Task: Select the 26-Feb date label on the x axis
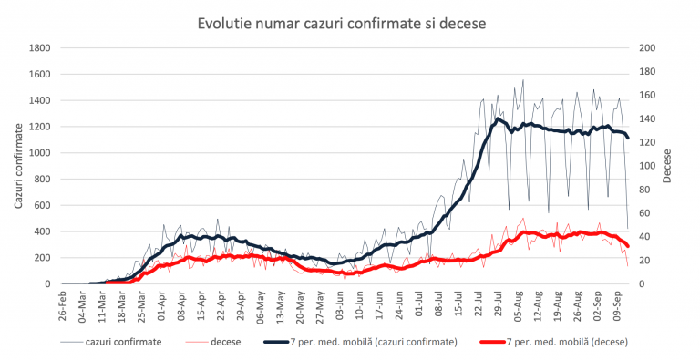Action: pyautogui.click(x=62, y=304)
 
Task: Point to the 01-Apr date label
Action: pyautogui.click(x=162, y=304)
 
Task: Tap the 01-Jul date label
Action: pyautogui.click(x=419, y=304)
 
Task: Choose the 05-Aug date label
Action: pyautogui.click(x=519, y=304)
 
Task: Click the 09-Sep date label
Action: pyautogui.click(x=617, y=304)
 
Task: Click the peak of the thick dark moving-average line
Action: pyautogui.click(x=499, y=118)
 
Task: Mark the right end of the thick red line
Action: pyautogui.click(x=628, y=247)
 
